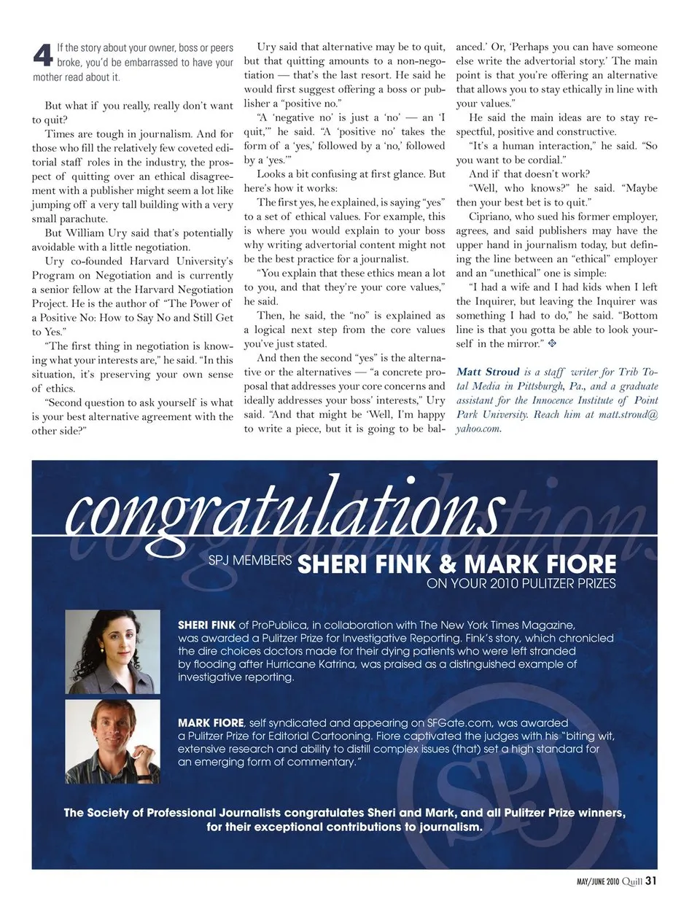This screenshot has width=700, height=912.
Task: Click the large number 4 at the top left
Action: pos(43,55)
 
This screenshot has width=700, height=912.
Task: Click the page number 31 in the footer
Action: pos(650,881)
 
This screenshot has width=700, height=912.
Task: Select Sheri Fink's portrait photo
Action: pos(112,652)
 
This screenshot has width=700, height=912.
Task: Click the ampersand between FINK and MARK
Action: pos(448,564)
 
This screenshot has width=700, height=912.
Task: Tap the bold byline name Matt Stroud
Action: pos(488,372)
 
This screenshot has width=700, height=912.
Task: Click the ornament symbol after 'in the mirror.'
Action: pos(552,343)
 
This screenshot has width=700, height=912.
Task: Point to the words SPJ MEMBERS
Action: pos(250,561)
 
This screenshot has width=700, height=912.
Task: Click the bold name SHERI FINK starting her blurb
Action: pos(206,625)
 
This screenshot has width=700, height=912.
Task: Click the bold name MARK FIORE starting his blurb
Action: pos(211,723)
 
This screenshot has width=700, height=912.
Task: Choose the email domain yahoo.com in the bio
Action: pos(478,429)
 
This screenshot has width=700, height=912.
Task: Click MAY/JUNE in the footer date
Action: pos(588,881)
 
